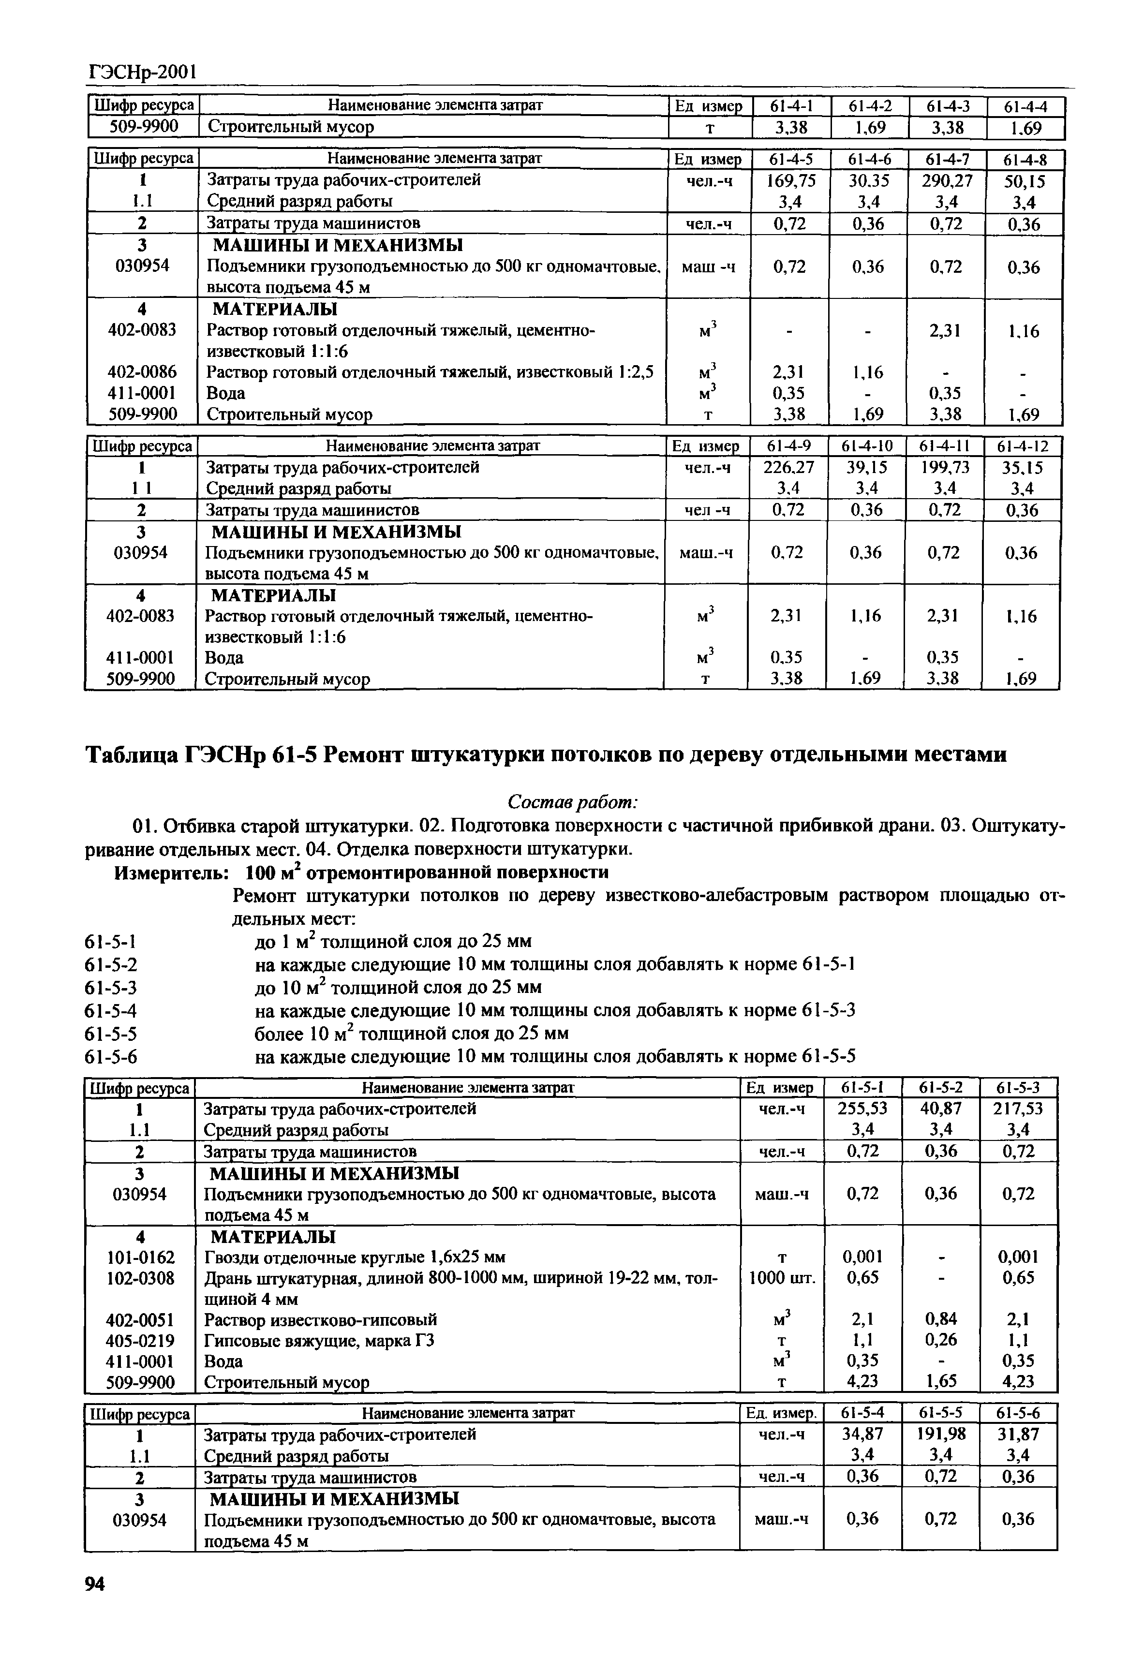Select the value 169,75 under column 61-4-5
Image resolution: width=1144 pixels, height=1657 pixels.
[x=790, y=180]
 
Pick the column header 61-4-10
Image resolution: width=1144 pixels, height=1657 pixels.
[x=865, y=446]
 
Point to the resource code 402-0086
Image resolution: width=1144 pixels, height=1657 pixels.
[x=142, y=372]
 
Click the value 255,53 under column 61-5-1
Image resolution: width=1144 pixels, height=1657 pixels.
[x=862, y=1109]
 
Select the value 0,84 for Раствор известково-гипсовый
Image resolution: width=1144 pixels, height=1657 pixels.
[x=940, y=1319]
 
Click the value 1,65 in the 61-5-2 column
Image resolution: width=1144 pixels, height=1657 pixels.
[x=940, y=1381]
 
